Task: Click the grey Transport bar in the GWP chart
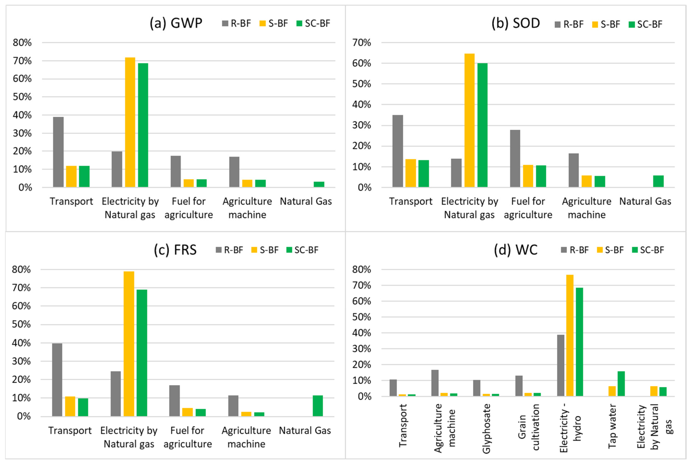click(x=58, y=152)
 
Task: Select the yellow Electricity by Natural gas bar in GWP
click(x=130, y=122)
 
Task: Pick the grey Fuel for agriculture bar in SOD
click(x=515, y=158)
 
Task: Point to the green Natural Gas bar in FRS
click(x=318, y=406)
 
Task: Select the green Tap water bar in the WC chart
click(x=621, y=384)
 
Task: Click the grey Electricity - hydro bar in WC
click(x=561, y=365)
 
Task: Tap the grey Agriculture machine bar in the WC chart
click(x=435, y=383)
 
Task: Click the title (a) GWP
click(x=176, y=23)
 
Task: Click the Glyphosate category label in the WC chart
click(x=486, y=429)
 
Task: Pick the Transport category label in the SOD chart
click(x=411, y=201)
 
